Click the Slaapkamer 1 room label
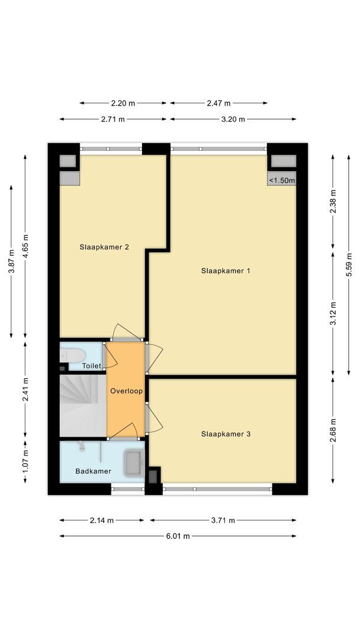pyautogui.click(x=226, y=271)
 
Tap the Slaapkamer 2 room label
pyautogui.click(x=104, y=247)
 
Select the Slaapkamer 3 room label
pyautogui.click(x=226, y=434)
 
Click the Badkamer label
pyautogui.click(x=93, y=471)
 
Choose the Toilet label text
pyautogui.click(x=91, y=366)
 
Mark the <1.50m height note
pyautogui.click(x=282, y=180)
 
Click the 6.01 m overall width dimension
pyautogui.click(x=178, y=536)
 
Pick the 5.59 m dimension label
pyautogui.click(x=349, y=264)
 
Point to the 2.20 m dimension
pyautogui.click(x=123, y=103)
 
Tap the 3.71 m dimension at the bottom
pyautogui.click(x=223, y=520)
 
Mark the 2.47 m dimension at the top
pyautogui.click(x=218, y=103)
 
